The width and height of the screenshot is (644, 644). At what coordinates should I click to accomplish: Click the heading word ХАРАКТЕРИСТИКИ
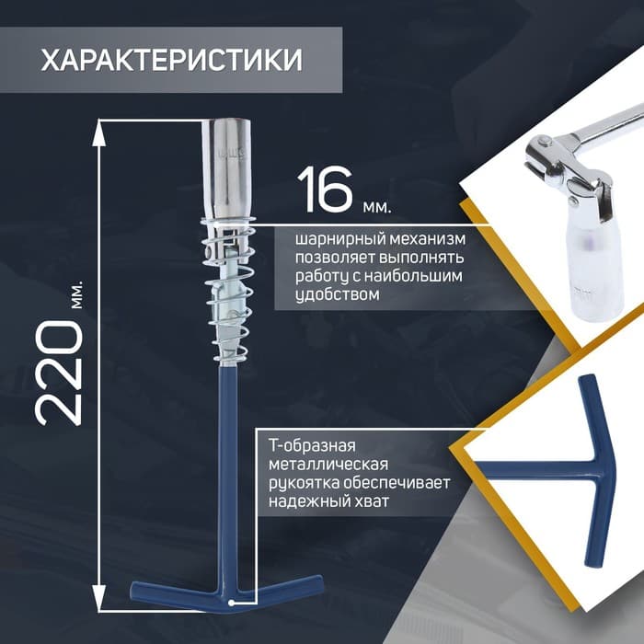coord(172,61)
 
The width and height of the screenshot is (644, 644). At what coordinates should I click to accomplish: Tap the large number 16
coord(325,190)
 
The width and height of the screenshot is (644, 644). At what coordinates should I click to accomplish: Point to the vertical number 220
coord(60,372)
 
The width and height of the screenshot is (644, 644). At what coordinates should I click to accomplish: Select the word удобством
coord(338,294)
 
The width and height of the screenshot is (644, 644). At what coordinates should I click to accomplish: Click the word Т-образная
coord(312,445)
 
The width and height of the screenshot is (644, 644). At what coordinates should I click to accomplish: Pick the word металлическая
coord(328,464)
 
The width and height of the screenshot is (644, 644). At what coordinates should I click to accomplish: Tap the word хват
coord(371,501)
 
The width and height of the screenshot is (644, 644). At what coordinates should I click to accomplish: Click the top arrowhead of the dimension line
coord(98,132)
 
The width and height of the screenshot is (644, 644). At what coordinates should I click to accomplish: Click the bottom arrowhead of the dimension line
coord(98,598)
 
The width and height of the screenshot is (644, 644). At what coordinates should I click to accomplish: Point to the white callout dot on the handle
coord(232,603)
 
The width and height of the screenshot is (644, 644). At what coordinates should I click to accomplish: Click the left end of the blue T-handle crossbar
coord(134,589)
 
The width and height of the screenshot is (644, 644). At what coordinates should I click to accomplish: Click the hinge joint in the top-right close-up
coord(567,168)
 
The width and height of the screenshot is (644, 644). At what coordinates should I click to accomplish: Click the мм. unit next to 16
coord(377,206)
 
